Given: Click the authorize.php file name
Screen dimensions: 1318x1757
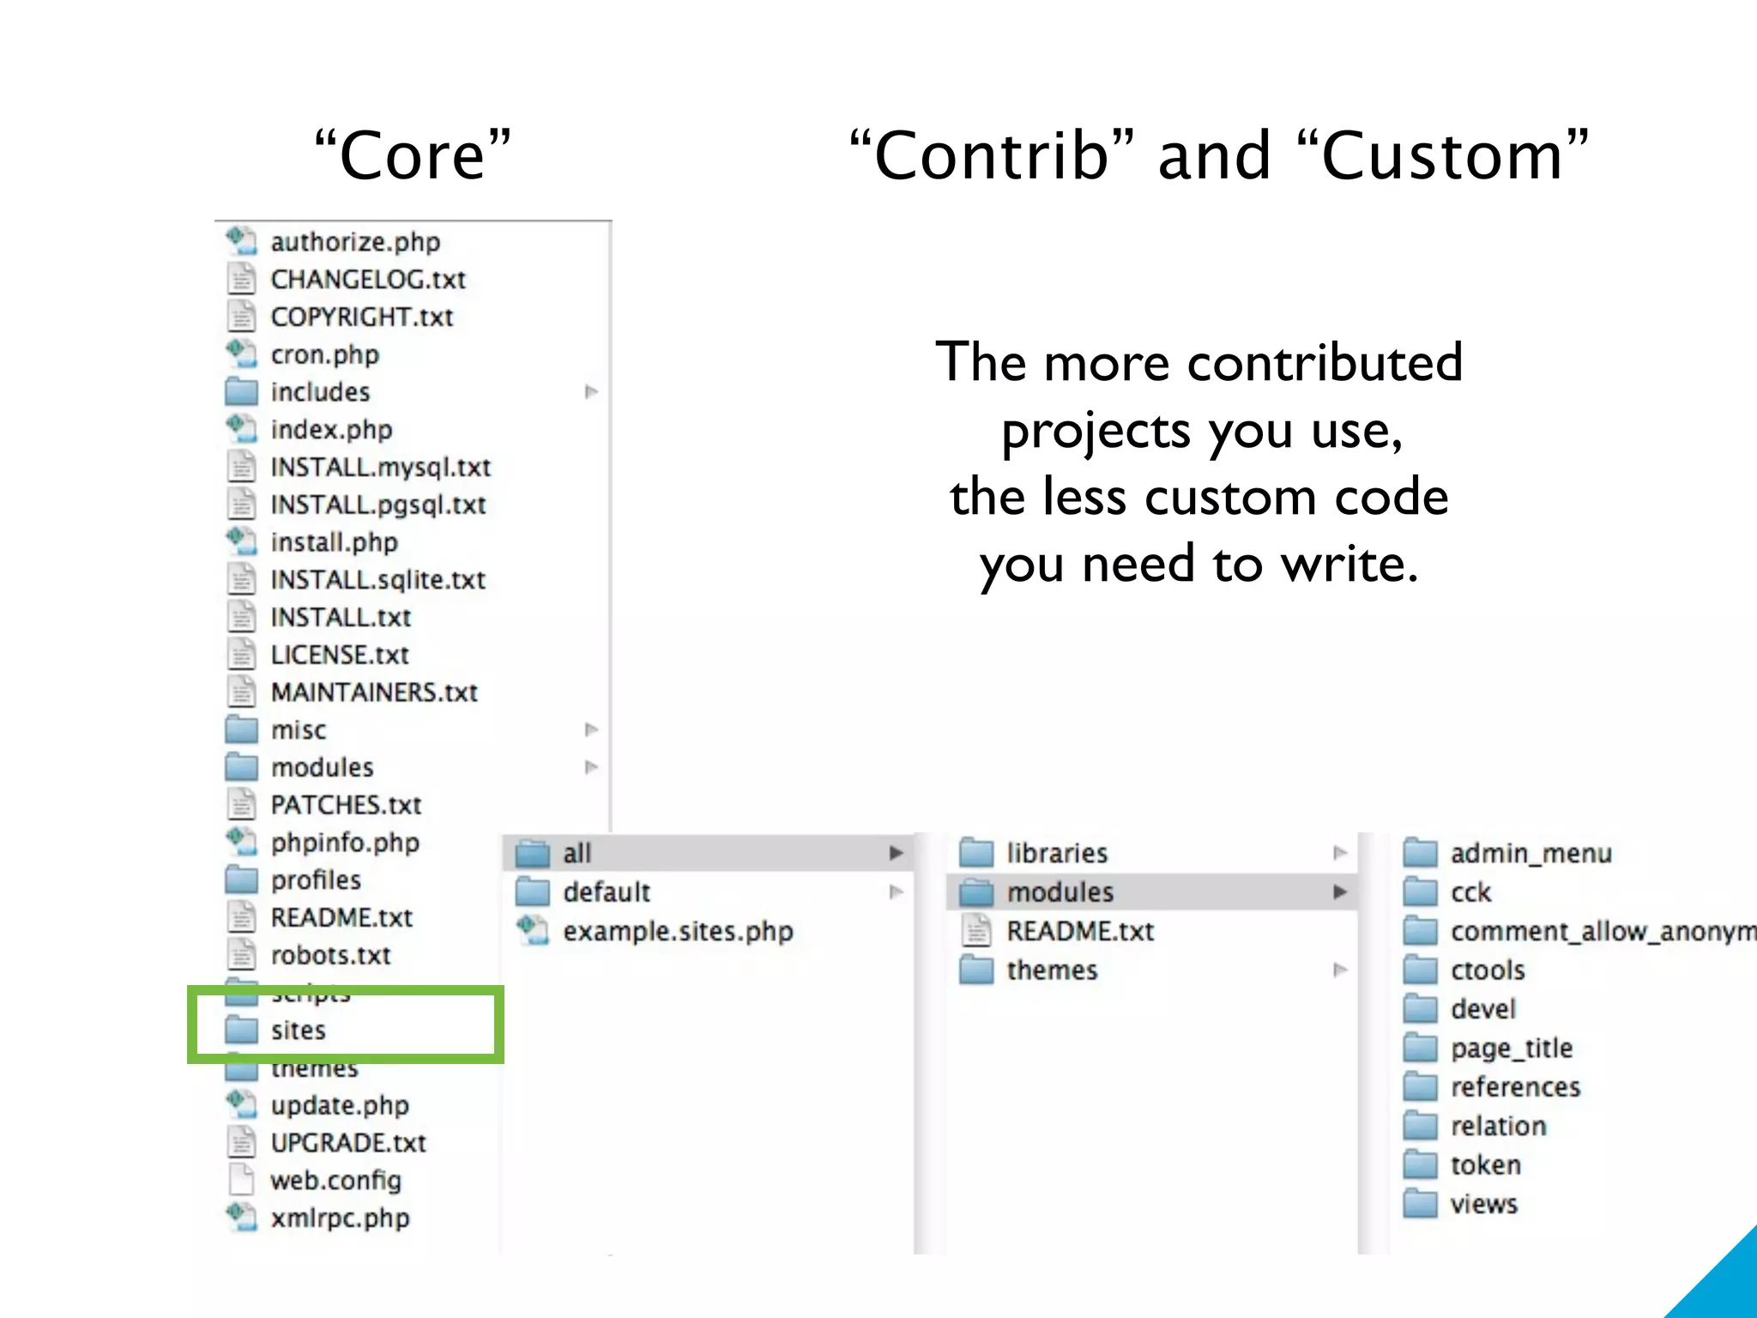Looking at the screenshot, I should [x=355, y=242].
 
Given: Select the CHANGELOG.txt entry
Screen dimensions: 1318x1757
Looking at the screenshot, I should [x=368, y=280].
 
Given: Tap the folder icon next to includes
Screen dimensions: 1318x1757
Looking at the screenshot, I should [x=241, y=391].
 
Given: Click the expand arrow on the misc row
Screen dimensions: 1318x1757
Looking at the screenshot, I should [x=591, y=729].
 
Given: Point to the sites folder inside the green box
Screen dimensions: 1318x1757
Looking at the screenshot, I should [x=298, y=1030].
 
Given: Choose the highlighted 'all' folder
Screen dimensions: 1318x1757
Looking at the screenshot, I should [x=577, y=853].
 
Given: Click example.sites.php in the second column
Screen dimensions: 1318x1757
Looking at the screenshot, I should [x=678, y=931].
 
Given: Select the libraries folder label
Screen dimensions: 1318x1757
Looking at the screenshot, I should [x=1057, y=853].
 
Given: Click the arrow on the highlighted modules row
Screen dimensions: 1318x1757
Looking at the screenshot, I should [x=1339, y=892].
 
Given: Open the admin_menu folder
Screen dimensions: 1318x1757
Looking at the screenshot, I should [x=1531, y=853].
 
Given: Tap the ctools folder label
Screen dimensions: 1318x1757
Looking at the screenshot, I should [x=1488, y=970].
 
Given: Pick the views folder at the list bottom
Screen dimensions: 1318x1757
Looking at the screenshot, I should [x=1483, y=1204].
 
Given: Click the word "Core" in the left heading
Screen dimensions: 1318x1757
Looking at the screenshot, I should [x=413, y=156].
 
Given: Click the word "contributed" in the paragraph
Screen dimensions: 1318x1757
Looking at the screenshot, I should [x=1325, y=362].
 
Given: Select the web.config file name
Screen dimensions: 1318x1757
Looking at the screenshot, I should [x=335, y=1181].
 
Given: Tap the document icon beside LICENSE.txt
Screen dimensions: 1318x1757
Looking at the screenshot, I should [x=241, y=655].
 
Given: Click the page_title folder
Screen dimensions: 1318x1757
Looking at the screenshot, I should [x=1511, y=1049].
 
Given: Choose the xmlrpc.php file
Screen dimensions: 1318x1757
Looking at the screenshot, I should [x=340, y=1218].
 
